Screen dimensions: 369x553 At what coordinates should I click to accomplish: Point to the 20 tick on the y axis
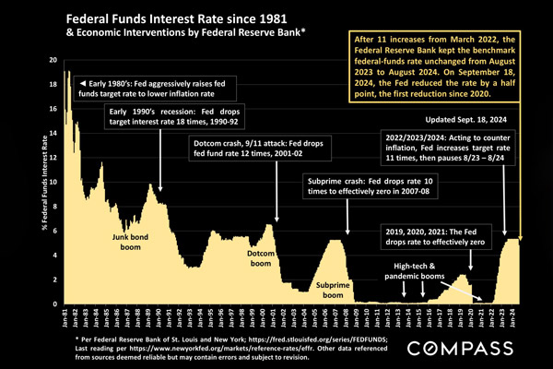tap(53, 59)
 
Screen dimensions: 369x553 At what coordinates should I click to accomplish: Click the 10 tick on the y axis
tap(53, 182)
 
